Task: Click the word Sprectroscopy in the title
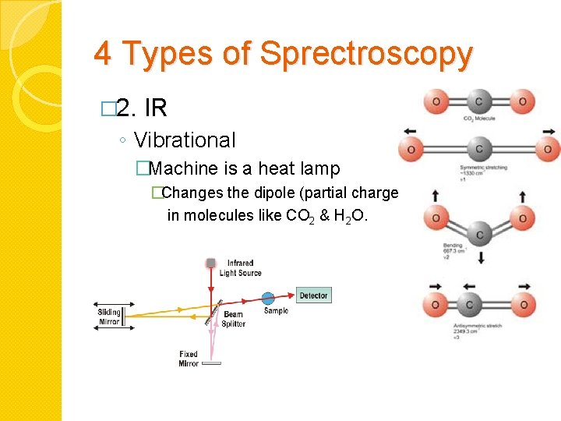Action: pyautogui.click(x=365, y=55)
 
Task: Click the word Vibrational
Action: pyautogui.click(x=185, y=140)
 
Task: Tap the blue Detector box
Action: pyautogui.click(x=313, y=295)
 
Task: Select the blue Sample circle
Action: pyautogui.click(x=268, y=297)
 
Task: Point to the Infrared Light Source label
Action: pyautogui.click(x=240, y=268)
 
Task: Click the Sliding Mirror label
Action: pyautogui.click(x=109, y=317)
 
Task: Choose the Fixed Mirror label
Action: pyautogui.click(x=189, y=359)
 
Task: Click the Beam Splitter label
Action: pyautogui.click(x=234, y=320)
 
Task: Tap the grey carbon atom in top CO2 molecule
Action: pyautogui.click(x=478, y=101)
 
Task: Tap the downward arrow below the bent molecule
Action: pyautogui.click(x=480, y=256)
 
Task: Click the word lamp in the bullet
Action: pyautogui.click(x=322, y=168)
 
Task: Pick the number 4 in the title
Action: pyautogui.click(x=102, y=55)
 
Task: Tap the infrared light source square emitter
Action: pyautogui.click(x=210, y=263)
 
